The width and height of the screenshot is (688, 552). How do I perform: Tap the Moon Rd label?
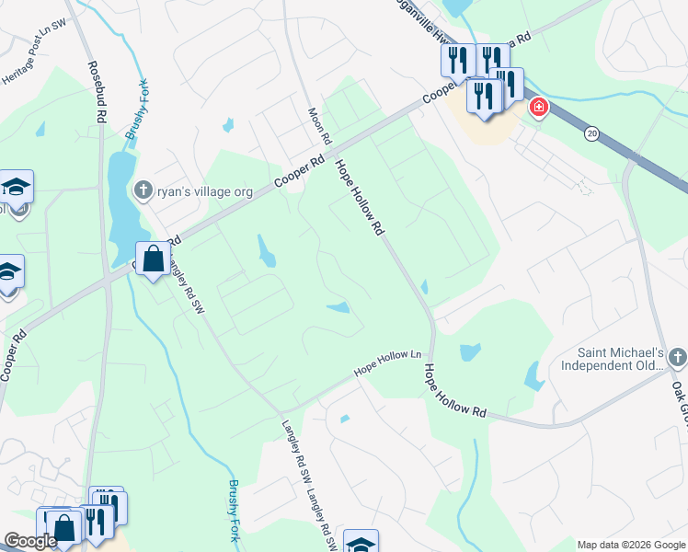pyautogui.click(x=320, y=125)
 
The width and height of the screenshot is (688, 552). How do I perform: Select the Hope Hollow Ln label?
pyautogui.click(x=388, y=363)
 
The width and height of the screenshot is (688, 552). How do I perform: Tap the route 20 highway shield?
pyautogui.click(x=591, y=133)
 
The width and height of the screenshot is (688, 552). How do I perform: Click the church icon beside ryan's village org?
pyautogui.click(x=142, y=190)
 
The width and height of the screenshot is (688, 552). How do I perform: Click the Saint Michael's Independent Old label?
pyautogui.click(x=620, y=360)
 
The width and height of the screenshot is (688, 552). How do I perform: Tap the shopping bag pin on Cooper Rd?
pyautogui.click(x=152, y=259)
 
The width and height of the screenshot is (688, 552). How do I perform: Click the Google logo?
pyautogui.click(x=30, y=542)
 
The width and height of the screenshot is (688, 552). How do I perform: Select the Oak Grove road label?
pyautogui.click(x=680, y=391)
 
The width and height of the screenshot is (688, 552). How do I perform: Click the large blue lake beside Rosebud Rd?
pyautogui.click(x=121, y=207)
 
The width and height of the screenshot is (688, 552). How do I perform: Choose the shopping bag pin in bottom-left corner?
pyautogui.click(x=63, y=529)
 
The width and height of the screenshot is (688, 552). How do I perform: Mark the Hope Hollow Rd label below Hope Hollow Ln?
pyautogui.click(x=454, y=392)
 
